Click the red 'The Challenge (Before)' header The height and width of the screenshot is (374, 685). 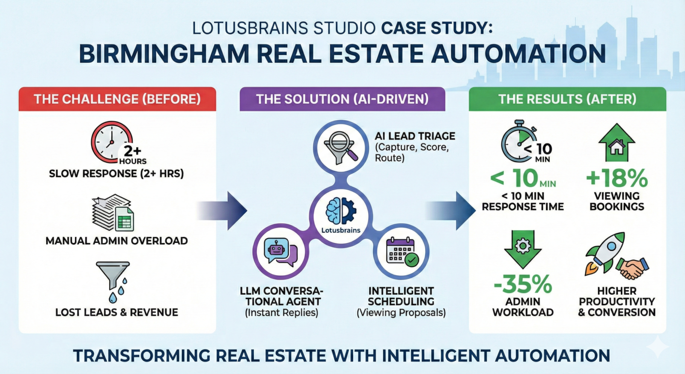point(117,99)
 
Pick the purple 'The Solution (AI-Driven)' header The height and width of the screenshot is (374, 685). point(342,99)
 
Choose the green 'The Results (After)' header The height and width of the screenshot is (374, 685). point(567,99)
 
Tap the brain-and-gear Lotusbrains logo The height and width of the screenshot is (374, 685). point(341,211)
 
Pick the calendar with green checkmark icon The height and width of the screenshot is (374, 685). point(402,251)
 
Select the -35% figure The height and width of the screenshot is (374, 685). point(523,284)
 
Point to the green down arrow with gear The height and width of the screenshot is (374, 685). point(523,249)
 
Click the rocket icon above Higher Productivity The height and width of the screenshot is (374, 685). point(604,252)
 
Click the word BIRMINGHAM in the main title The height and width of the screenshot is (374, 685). point(164,54)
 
